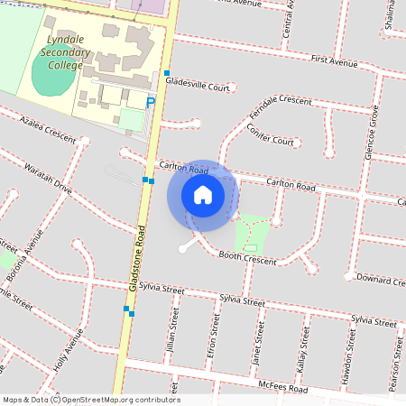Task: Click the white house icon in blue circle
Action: [x=202, y=195]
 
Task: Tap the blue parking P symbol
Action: [x=151, y=104]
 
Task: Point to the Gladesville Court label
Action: [x=197, y=82]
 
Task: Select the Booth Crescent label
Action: [x=248, y=258]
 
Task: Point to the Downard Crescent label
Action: [x=379, y=279]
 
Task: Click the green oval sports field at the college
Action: [x=54, y=80]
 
